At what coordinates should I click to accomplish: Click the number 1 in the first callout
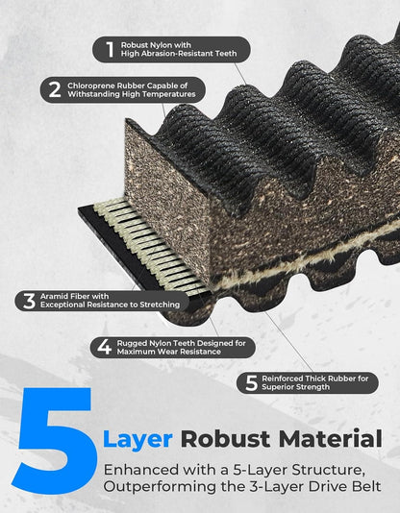click(x=110, y=49)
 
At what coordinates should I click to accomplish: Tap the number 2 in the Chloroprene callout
click(x=55, y=89)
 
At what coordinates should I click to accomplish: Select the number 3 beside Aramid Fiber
click(x=29, y=301)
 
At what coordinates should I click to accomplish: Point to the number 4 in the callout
click(x=104, y=347)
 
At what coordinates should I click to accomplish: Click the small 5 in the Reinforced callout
click(x=251, y=382)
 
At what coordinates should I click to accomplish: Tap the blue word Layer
click(x=137, y=440)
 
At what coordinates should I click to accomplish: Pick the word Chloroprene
click(x=91, y=85)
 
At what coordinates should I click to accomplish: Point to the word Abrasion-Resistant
click(x=174, y=54)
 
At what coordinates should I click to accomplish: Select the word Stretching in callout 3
click(x=160, y=305)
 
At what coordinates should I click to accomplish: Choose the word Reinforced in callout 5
click(x=283, y=379)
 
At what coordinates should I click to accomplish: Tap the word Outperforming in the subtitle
click(x=160, y=487)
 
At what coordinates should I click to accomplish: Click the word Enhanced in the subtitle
click(x=141, y=470)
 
